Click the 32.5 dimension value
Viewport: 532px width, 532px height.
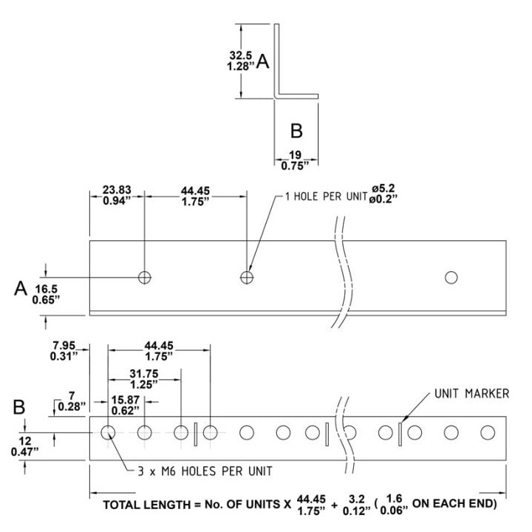(241, 55)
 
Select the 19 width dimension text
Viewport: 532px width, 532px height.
(295, 155)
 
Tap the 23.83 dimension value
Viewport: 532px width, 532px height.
(117, 190)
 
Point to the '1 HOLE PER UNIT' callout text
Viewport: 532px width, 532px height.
(327, 197)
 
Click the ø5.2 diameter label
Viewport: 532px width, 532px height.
(383, 188)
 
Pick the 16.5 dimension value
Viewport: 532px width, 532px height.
(47, 289)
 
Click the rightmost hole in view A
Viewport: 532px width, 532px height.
(451, 278)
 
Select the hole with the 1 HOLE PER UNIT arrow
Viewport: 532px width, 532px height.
(247, 278)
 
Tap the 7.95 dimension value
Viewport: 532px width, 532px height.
(64, 346)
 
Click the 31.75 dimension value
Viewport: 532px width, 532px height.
(144, 374)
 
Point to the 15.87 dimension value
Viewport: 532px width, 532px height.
(126, 400)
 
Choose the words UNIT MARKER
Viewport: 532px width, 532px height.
(471, 394)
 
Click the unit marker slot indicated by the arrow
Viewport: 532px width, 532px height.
(400, 434)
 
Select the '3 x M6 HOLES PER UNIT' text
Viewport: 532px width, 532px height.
(205, 471)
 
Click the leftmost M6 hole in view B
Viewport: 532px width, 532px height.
(108, 432)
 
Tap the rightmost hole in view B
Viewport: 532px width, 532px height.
(488, 432)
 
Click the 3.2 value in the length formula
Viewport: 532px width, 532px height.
(357, 499)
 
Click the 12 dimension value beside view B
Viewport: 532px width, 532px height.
(25, 441)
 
